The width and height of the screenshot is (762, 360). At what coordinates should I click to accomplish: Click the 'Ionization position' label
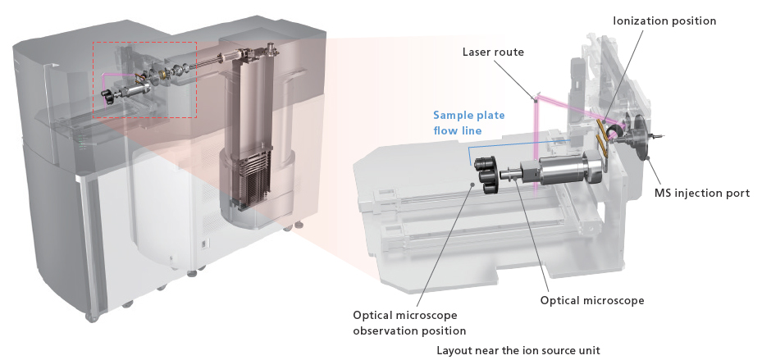664,21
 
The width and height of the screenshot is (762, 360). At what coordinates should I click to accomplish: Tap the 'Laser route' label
493,52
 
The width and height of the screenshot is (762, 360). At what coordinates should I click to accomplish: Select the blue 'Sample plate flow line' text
468,122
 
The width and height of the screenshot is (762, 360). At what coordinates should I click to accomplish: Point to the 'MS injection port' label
701,194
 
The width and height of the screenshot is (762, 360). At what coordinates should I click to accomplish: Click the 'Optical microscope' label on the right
591,300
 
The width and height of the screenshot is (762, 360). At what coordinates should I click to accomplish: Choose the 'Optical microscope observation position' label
409,323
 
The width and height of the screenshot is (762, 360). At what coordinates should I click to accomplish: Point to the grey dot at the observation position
473,185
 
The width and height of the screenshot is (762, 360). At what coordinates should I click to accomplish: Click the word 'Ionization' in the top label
641,21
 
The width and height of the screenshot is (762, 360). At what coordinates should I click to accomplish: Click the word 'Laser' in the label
477,52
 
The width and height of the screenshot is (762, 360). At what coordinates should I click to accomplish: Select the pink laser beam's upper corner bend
536,98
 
